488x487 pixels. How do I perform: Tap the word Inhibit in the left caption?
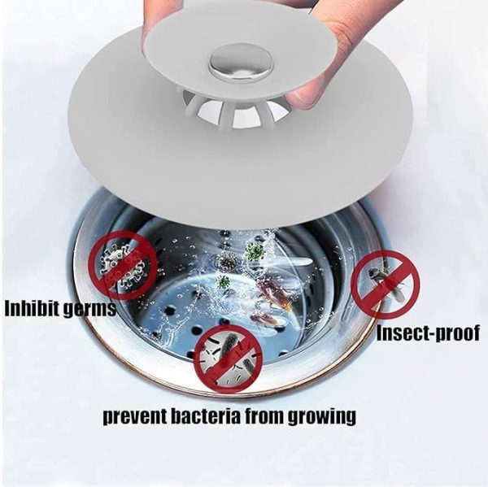coord(35,309)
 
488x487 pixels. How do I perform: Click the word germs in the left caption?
coord(91,310)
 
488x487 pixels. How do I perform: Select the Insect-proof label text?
coord(428,333)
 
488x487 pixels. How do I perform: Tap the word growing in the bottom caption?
coord(325,418)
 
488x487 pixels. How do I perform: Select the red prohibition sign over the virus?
coord(123,263)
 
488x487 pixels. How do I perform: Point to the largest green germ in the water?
coord(255,251)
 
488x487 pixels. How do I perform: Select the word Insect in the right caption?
coord(403,333)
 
